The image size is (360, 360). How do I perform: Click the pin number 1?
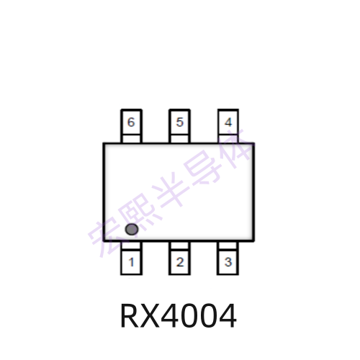coord(131,262)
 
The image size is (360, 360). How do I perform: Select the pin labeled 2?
coord(180,262)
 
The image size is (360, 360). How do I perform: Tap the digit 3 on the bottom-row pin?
coord(228,262)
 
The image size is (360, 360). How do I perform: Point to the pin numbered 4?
coord(228,122)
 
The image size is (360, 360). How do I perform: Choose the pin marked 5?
coord(180,122)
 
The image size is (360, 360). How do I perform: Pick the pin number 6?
coord(131,122)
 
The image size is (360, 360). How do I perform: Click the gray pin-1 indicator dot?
coord(132,229)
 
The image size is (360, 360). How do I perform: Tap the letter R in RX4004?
coord(130,315)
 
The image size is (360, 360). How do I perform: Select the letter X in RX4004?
coord(150,315)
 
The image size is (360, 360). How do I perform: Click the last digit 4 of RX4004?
coord(228,315)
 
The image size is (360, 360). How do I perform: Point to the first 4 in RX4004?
coord(170,315)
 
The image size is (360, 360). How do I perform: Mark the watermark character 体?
coord(234,148)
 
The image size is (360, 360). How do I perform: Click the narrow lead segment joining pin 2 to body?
coord(180,246)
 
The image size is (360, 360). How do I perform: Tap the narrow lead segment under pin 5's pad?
coord(180,139)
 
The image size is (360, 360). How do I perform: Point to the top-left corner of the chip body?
coord(103,143)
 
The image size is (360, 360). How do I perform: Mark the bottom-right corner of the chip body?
coord(253,240)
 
